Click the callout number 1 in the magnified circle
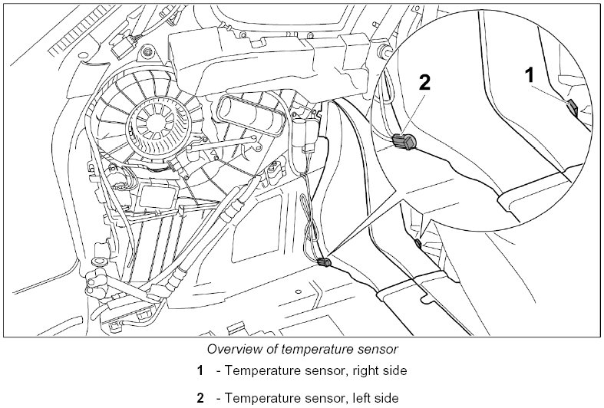[x=529, y=74]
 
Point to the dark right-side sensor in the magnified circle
[x=573, y=105]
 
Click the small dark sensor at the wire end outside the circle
[x=325, y=263]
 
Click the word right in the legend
[x=352, y=371]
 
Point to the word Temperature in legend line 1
[x=261, y=371]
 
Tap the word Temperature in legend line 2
[x=261, y=398]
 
